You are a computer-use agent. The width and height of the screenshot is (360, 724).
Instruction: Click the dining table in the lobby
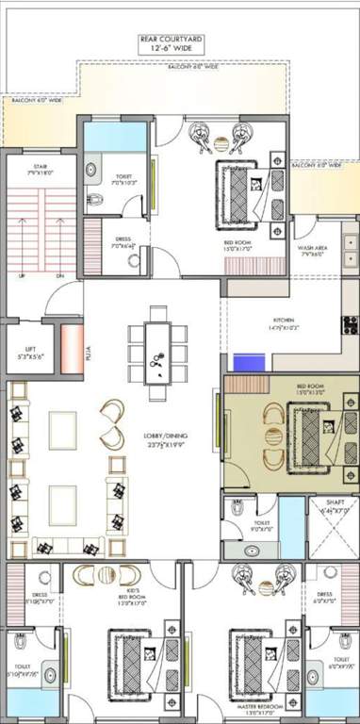click(x=158, y=349)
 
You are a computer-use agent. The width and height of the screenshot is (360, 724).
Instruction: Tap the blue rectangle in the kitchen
click(x=250, y=363)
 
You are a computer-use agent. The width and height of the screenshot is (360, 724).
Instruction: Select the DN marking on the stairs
click(x=58, y=276)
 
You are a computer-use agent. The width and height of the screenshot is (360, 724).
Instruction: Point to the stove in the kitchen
click(x=351, y=325)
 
